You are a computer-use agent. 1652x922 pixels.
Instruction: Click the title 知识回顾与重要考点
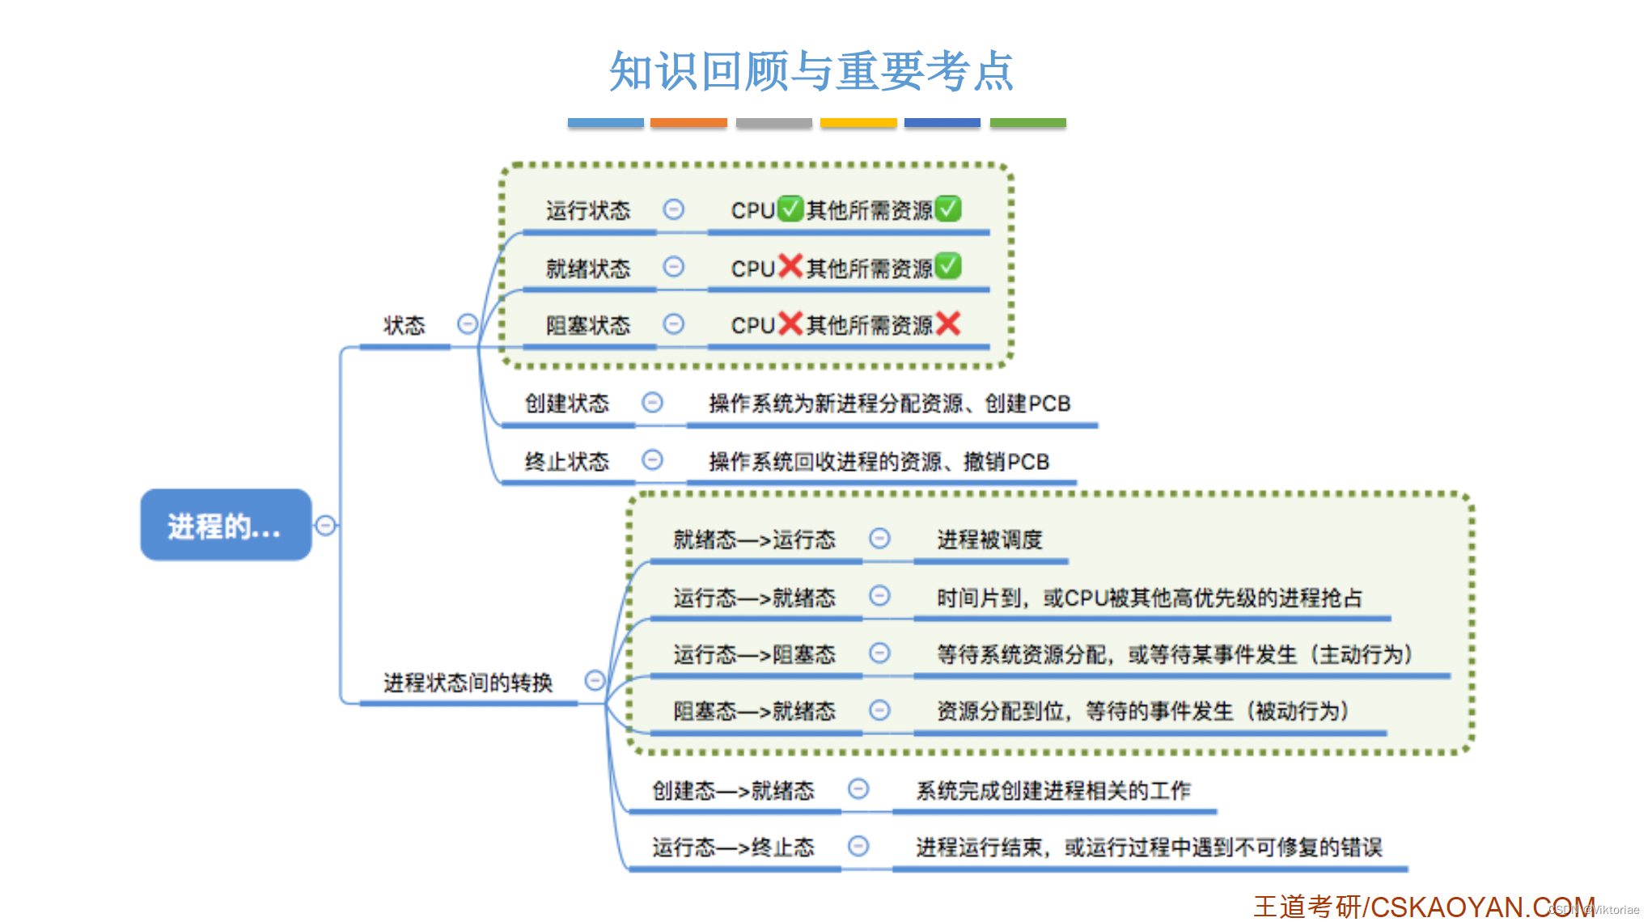pos(811,71)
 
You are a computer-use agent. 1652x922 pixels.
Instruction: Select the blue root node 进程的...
pos(226,526)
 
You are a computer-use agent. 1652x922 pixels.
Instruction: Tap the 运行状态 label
pos(587,211)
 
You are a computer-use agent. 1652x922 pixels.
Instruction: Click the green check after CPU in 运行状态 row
pos(790,209)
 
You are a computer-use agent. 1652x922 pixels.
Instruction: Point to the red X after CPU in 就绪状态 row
pos(790,266)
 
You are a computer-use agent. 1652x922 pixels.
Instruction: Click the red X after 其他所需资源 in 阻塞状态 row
pos(947,324)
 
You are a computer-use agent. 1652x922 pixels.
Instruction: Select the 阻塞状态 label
pos(587,325)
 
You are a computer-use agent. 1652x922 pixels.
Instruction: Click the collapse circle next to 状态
pos(468,324)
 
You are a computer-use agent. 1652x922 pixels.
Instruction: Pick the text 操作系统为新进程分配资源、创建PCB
pos(889,403)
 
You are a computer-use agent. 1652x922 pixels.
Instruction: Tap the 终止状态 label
pos(566,461)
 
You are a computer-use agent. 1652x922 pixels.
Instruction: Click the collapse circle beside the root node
pos(325,526)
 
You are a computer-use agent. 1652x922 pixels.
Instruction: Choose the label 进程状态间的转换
pos(468,683)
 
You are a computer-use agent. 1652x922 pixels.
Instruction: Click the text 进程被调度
pos(989,539)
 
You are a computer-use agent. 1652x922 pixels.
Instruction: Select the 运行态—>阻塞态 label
pos(754,653)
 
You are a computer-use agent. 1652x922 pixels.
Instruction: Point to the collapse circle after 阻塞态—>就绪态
pos(879,710)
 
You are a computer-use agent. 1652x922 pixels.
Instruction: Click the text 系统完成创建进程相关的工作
pos(1053,789)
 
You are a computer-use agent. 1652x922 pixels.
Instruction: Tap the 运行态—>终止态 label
pos(733,847)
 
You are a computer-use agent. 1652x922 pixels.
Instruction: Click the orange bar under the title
pos(688,123)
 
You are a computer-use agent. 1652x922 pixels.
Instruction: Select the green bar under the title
pos(1027,123)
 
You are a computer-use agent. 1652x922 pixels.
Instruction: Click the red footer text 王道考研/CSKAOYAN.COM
pos(1424,907)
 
